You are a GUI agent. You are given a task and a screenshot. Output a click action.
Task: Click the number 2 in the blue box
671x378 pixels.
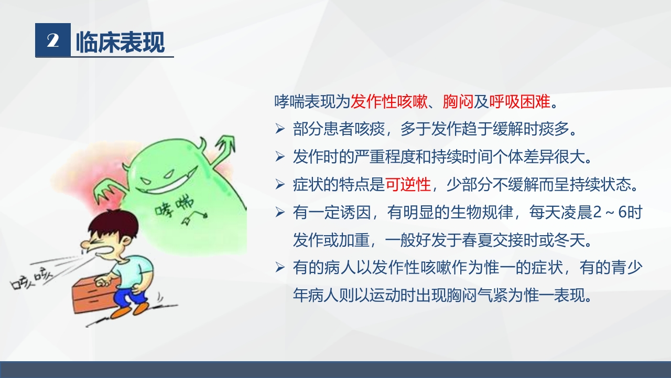(52, 41)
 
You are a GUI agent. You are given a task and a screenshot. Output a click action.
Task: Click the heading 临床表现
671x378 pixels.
(120, 42)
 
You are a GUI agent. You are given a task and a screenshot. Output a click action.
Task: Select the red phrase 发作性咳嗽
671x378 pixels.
(389, 101)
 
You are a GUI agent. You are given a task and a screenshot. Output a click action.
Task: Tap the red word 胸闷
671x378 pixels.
(458, 101)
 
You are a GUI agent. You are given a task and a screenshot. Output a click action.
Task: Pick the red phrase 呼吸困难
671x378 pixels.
(520, 101)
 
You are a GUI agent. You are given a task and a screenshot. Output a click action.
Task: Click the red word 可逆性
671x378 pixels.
(408, 184)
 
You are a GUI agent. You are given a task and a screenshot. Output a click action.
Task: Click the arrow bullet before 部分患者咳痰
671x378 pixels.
(280, 129)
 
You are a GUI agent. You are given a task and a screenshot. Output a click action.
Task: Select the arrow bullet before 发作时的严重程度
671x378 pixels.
(280, 156)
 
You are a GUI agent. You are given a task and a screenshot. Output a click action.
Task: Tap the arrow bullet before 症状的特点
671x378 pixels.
(280, 184)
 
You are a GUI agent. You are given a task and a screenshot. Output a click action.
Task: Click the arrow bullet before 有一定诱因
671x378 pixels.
(280, 213)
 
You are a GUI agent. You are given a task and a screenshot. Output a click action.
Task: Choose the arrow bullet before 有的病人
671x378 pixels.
(280, 268)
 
